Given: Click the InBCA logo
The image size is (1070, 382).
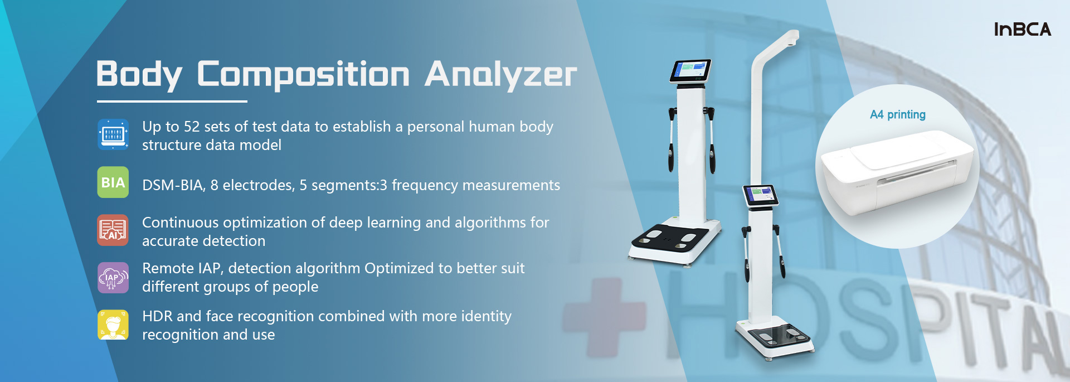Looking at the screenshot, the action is click(x=1023, y=30).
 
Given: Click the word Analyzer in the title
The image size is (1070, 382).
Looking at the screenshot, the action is click(x=500, y=75).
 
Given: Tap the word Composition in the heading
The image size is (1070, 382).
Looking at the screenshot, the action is click(x=304, y=75).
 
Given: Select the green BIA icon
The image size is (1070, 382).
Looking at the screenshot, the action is click(x=113, y=182).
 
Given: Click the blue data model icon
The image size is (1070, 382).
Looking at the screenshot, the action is click(x=113, y=134).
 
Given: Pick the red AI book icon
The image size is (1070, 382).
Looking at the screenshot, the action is click(x=113, y=230).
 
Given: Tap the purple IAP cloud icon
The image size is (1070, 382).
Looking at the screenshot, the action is click(x=113, y=278).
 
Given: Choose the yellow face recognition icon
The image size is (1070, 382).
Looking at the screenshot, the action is click(x=113, y=325).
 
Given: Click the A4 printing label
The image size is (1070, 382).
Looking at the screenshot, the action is click(x=898, y=115).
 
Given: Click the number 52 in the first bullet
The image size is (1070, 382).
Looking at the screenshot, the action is click(x=192, y=127).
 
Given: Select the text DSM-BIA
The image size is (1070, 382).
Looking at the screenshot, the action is click(x=174, y=186).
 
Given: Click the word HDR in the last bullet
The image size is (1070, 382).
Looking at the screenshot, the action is click(x=157, y=316).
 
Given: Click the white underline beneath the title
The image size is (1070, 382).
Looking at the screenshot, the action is click(x=172, y=101).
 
